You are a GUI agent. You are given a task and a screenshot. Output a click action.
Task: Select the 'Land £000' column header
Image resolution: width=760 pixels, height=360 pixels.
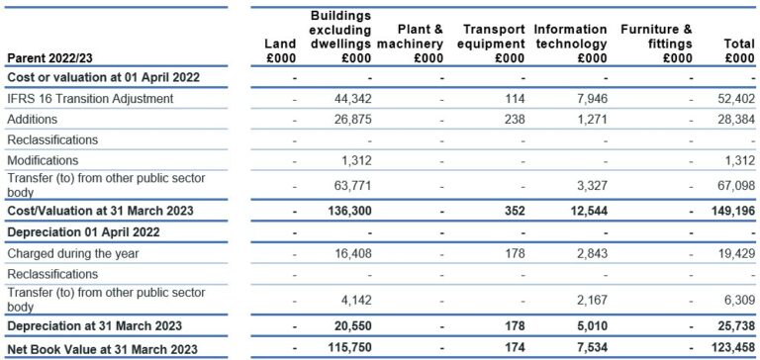281,50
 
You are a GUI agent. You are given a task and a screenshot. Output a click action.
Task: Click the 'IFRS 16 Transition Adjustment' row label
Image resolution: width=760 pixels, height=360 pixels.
90,98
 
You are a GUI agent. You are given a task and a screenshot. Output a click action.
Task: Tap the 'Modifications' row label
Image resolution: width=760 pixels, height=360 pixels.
43,160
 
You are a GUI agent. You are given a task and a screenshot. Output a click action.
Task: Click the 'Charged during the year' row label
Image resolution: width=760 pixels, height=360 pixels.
74,253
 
